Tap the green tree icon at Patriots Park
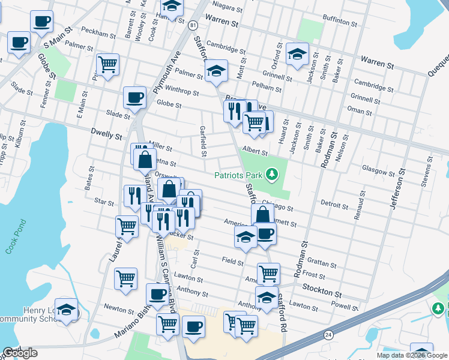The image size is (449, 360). [x=273, y=174]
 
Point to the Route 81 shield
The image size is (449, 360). [x=191, y=25]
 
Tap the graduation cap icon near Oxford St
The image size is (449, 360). [x=297, y=54]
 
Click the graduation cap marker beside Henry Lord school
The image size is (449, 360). [x=66, y=309]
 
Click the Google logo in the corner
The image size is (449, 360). [x=20, y=353]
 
